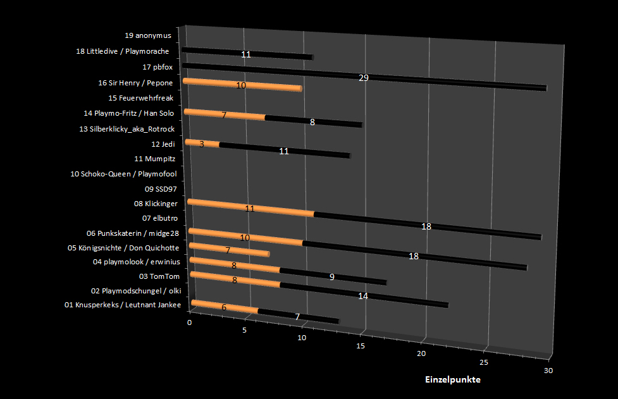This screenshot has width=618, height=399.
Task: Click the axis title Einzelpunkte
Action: click(452, 379)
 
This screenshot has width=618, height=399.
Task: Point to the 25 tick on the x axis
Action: click(484, 362)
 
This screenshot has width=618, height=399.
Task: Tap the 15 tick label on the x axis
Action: click(361, 346)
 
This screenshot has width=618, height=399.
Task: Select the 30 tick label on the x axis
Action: click(548, 371)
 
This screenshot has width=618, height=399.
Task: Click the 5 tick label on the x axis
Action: click(245, 330)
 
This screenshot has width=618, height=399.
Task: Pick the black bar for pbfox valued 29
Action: click(364, 77)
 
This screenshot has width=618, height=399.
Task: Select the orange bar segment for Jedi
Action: click(202, 144)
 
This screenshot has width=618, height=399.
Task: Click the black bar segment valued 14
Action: click(364, 295)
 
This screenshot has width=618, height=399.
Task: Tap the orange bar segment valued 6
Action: click(224, 307)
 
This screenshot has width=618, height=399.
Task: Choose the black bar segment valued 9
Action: click(333, 276)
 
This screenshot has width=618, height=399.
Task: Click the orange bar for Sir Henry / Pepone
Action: click(242, 85)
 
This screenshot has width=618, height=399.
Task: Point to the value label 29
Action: click(364, 78)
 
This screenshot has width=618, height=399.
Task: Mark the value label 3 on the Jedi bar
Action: click(201, 144)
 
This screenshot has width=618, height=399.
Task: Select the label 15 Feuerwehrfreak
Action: click(140, 98)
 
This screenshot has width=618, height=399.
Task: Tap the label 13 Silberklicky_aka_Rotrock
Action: click(127, 129)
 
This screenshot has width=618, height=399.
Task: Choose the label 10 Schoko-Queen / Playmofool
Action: click(123, 173)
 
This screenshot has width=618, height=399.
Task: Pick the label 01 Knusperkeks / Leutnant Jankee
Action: click(123, 305)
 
